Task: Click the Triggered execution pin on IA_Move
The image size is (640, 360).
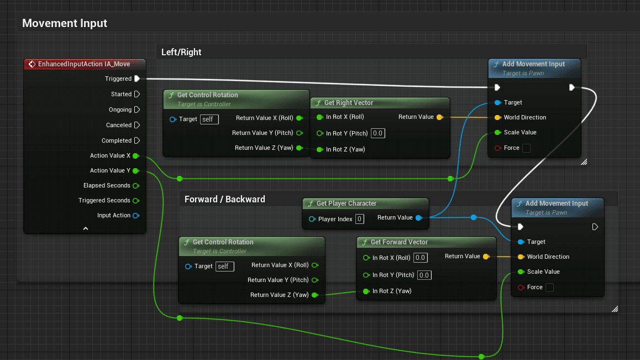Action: click(x=137, y=79)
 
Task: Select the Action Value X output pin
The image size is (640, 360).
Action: click(x=136, y=156)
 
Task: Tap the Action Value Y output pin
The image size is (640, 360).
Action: click(x=136, y=171)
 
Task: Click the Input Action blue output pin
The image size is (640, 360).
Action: click(x=136, y=216)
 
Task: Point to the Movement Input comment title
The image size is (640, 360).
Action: click(x=65, y=23)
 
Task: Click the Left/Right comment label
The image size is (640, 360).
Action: click(x=181, y=52)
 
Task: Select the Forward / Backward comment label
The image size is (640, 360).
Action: click(x=225, y=199)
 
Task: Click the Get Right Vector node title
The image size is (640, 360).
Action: click(x=348, y=103)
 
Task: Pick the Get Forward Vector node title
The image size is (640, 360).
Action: click(x=399, y=242)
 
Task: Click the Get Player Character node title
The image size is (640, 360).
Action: click(x=347, y=204)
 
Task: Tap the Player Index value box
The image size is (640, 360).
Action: click(x=360, y=219)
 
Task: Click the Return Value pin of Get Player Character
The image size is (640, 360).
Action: click(x=418, y=218)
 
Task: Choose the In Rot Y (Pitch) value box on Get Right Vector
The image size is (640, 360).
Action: click(x=378, y=133)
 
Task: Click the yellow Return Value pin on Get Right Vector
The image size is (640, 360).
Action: click(x=439, y=117)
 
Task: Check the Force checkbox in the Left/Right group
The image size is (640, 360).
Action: click(x=526, y=148)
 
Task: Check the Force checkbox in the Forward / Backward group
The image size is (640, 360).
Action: click(x=549, y=288)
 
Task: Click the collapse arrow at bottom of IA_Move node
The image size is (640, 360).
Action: click(x=86, y=228)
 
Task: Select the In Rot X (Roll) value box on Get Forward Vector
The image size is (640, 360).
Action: click(x=421, y=258)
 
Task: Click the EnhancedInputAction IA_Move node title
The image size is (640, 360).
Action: click(x=84, y=64)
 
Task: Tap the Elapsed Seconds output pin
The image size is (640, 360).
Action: click(x=136, y=186)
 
